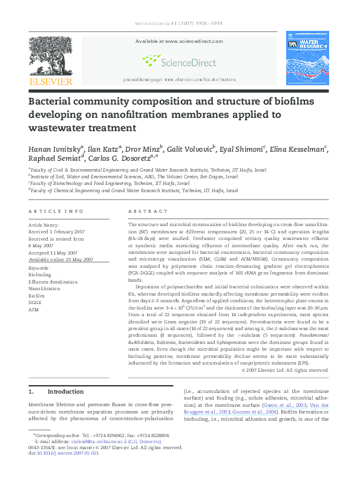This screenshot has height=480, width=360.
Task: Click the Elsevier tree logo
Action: click(x=50, y=56)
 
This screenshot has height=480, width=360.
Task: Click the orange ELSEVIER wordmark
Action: click(x=51, y=81)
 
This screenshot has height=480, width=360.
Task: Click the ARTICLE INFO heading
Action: click(x=56, y=211)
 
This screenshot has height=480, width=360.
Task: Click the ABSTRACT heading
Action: click(x=148, y=211)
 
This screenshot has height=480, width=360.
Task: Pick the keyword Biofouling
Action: click(x=40, y=274)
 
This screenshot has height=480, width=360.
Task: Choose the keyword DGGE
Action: click(x=36, y=302)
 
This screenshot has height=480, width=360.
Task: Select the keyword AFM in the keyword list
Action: click(x=34, y=310)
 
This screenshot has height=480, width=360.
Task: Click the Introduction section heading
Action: click(x=65, y=392)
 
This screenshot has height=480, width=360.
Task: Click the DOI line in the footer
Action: click(x=64, y=453)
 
